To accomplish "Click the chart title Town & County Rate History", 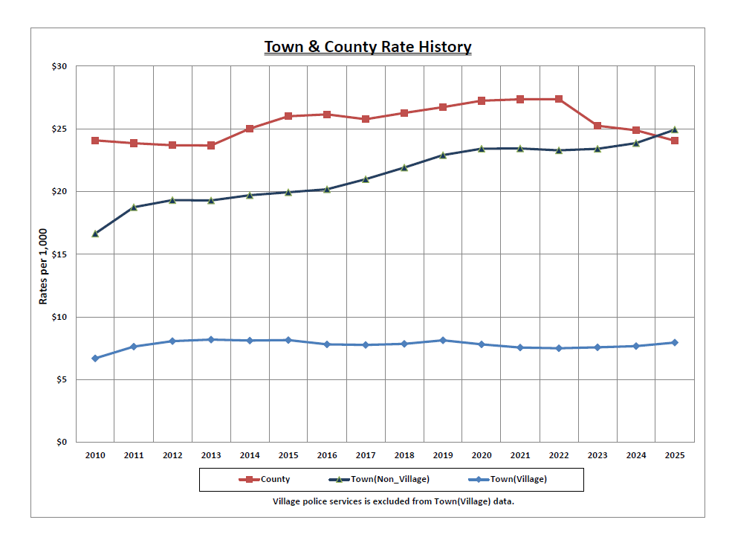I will (x=368, y=47).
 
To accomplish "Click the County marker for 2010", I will (x=95, y=141).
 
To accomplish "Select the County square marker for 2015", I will (x=288, y=116).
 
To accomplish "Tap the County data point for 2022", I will (x=559, y=99).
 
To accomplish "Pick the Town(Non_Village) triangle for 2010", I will (x=95, y=234).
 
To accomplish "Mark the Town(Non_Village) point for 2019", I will (x=443, y=155).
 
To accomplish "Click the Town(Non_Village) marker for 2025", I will (x=675, y=129).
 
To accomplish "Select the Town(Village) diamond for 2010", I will (x=95, y=359).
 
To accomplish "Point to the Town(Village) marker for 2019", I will (x=443, y=340).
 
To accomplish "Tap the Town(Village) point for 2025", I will (x=675, y=342).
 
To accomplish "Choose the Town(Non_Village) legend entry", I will (x=378, y=480).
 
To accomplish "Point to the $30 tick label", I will (x=59, y=67).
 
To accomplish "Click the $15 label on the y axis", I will (x=59, y=254).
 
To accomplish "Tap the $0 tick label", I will (x=62, y=443).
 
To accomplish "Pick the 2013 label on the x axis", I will (x=211, y=455).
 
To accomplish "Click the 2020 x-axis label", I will (x=482, y=455).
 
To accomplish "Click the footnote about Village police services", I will (x=394, y=501).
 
